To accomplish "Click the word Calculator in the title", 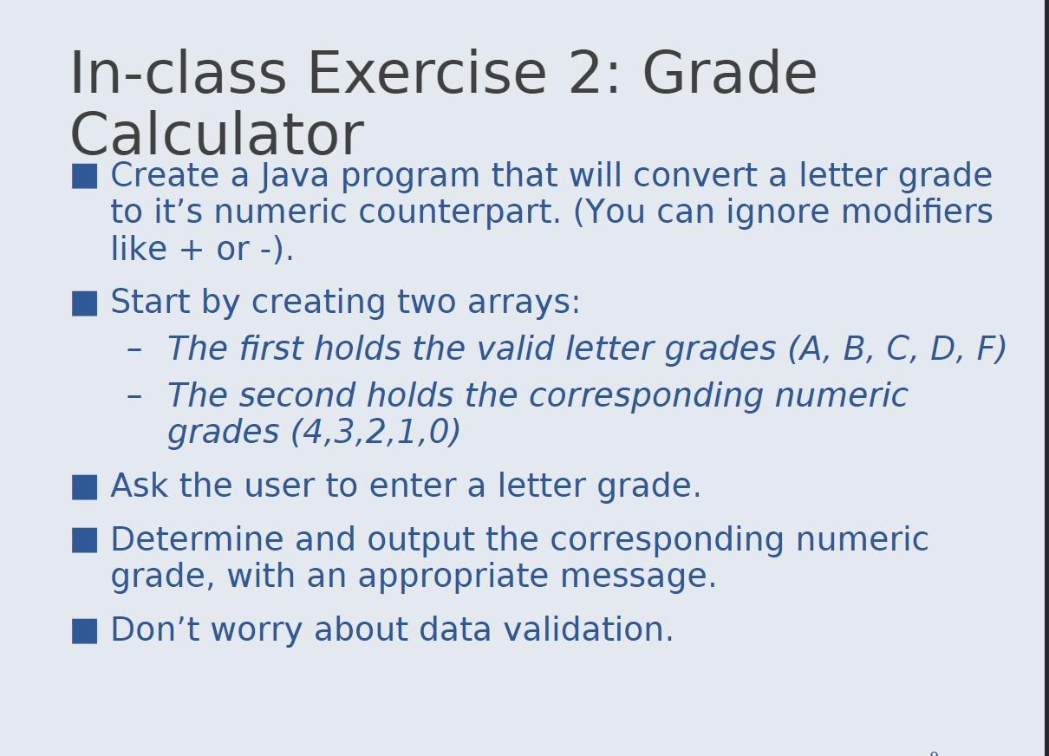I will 216,135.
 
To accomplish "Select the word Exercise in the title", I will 427,73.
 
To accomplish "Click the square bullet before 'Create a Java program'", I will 85,176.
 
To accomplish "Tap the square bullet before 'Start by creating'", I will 85,303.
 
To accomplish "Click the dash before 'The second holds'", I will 134,396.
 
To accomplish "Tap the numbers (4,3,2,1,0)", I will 375,432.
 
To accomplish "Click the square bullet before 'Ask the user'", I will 85,487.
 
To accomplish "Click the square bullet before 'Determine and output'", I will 85,540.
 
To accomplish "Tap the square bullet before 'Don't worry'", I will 85,630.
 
